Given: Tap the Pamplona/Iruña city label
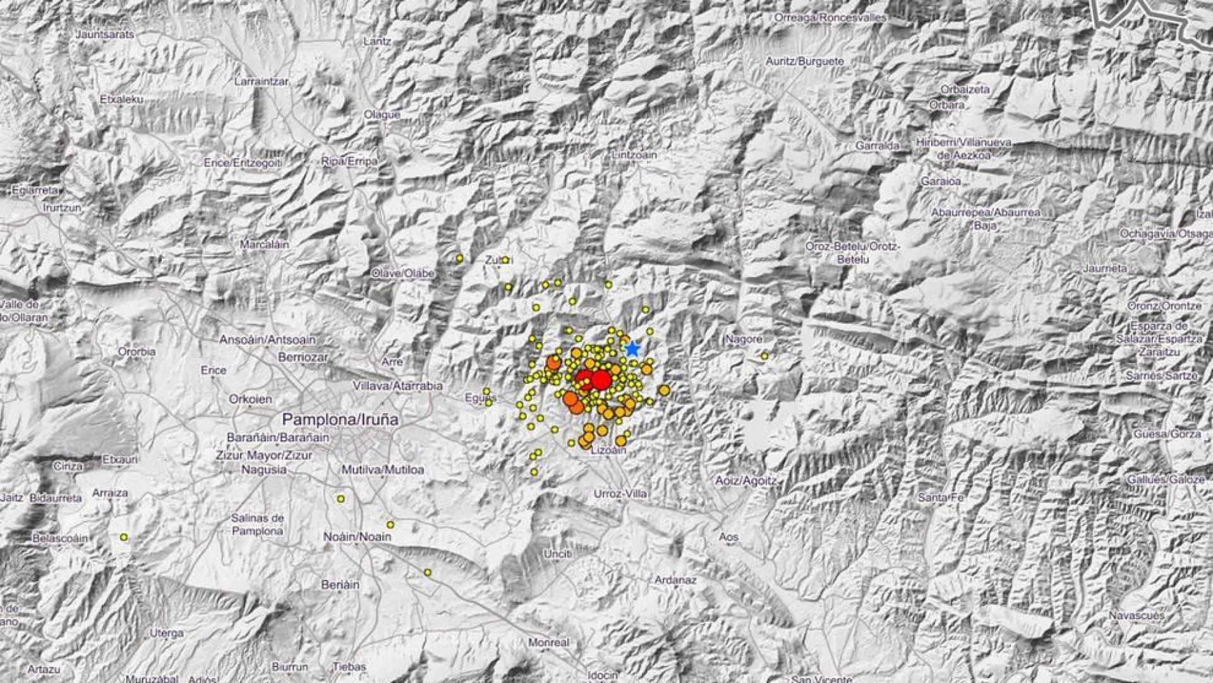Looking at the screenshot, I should [340, 419].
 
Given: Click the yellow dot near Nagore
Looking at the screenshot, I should [764, 356].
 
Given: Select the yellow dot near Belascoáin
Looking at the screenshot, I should [124, 538].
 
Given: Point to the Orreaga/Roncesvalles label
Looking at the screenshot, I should [830, 18].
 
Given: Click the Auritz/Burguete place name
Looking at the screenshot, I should [804, 61].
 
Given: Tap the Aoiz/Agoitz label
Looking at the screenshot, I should [745, 481].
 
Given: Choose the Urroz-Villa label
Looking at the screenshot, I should [620, 494].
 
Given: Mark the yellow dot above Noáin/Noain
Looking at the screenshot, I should [390, 524].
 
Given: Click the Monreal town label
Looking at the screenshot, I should [548, 643].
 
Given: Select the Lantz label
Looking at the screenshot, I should [377, 41].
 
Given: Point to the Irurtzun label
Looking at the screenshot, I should [62, 207].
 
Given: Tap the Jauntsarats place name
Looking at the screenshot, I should [105, 35].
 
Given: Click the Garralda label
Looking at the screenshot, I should [878, 145].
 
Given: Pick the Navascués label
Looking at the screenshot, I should [1136, 615].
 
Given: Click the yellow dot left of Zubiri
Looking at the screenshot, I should [459, 258].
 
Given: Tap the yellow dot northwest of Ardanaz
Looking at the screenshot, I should [428, 572].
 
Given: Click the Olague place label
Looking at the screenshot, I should [382, 114].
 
